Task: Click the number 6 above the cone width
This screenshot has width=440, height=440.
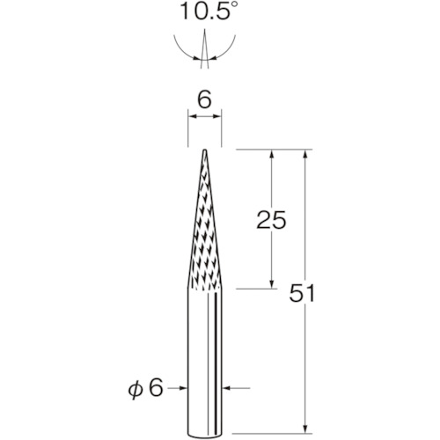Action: coord(204,100)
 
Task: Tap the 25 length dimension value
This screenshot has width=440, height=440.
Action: coord(271,220)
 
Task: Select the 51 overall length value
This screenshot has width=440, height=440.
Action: coord(302,293)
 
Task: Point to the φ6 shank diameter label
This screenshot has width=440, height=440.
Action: coord(145,389)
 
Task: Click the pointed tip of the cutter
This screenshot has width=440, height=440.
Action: coord(205,150)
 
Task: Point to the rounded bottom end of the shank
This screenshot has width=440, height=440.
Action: coord(204,434)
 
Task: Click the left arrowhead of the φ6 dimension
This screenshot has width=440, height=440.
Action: coord(183,388)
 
